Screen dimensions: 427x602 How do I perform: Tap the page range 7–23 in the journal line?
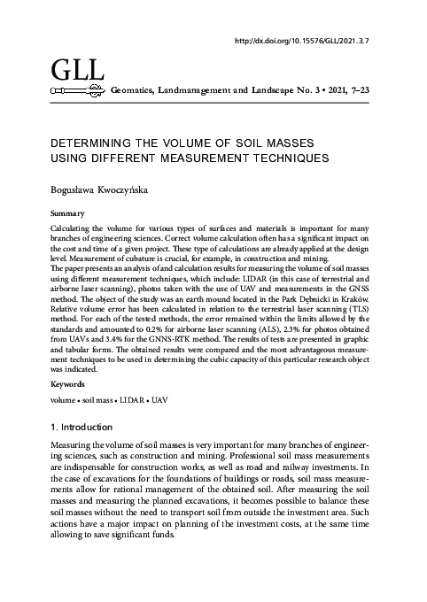click(359, 90)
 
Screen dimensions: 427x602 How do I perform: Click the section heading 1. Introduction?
click(86, 428)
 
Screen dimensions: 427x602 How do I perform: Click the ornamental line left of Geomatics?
click(79, 90)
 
